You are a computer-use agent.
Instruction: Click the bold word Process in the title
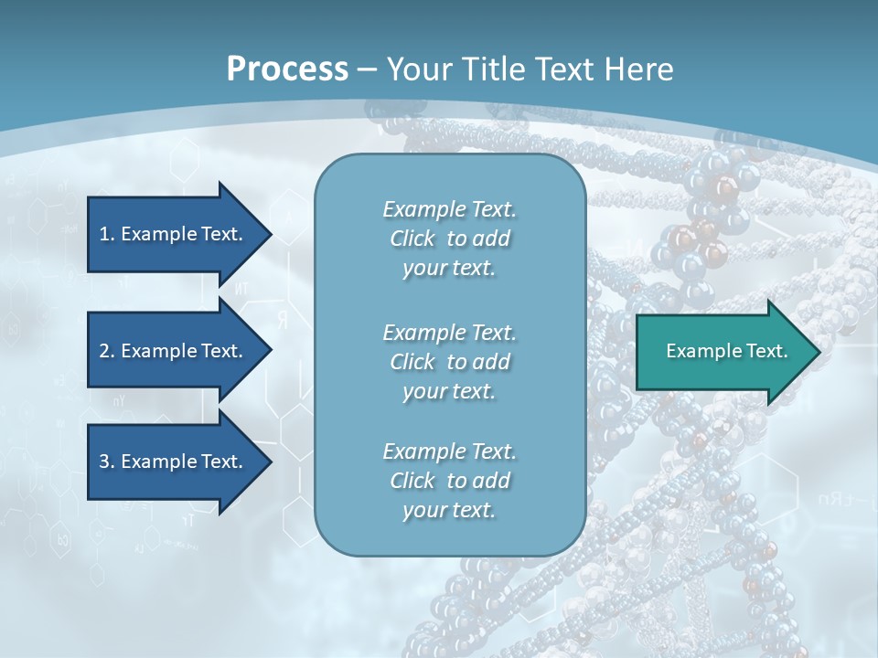click(287, 69)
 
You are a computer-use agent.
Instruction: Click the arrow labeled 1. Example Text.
click(174, 234)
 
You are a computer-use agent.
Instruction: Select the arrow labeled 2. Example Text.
click(174, 351)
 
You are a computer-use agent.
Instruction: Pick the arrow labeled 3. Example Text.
click(174, 462)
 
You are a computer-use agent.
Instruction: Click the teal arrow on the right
click(723, 351)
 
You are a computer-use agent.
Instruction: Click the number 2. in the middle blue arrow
click(107, 351)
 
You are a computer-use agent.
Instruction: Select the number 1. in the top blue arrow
click(107, 234)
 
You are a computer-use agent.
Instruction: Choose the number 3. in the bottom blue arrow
click(107, 462)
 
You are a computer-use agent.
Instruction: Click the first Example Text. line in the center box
click(449, 209)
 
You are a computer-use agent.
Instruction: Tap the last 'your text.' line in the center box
click(449, 509)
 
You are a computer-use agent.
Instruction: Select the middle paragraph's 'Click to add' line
click(449, 362)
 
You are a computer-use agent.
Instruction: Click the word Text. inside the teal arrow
click(767, 351)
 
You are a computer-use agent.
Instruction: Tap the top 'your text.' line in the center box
click(449, 268)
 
